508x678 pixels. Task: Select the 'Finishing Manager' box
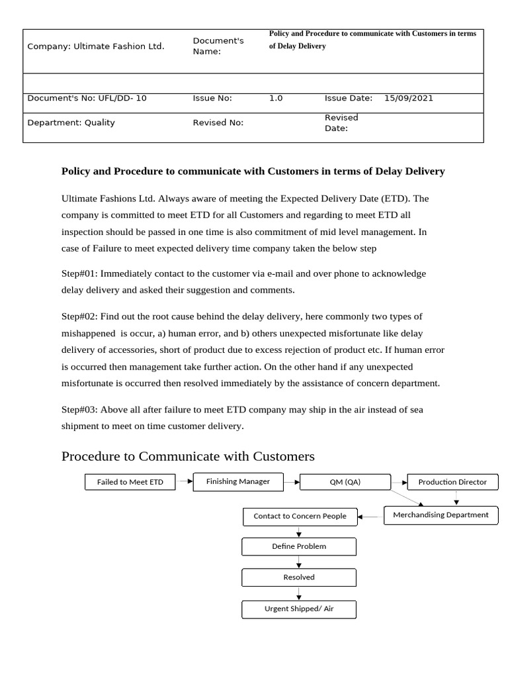238,482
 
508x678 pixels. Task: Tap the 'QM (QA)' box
345,482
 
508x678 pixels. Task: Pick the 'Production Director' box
452,482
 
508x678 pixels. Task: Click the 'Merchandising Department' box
441,515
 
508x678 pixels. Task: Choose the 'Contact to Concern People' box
300,516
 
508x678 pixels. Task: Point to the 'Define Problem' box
299,547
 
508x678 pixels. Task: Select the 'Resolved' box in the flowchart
299,577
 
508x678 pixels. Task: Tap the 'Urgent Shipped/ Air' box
299,609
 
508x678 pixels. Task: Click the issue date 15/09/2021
409,98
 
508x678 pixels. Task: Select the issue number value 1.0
276,98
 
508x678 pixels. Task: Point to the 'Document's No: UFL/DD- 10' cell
87,98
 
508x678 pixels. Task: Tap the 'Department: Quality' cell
71,122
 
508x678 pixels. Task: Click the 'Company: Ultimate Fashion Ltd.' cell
96,46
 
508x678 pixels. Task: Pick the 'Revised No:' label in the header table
218,122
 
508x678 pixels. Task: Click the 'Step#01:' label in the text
79,273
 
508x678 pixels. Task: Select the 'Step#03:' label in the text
79,410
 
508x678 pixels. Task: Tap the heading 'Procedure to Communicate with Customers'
188,456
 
